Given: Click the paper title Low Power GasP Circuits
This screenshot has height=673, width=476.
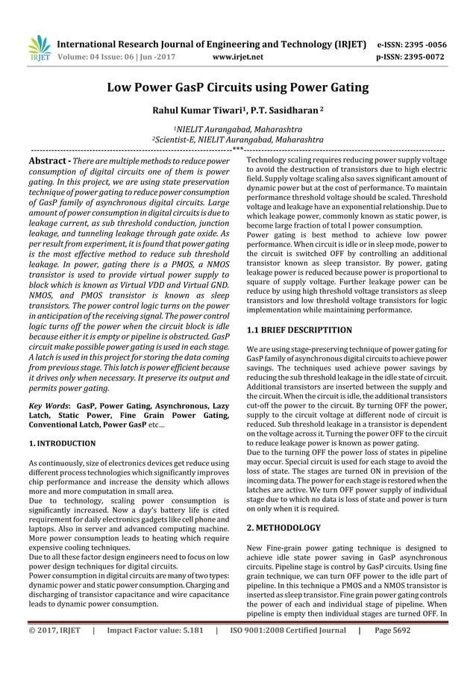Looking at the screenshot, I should click(x=238, y=88).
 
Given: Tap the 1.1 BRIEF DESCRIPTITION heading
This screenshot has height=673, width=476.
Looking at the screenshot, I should click(x=299, y=329).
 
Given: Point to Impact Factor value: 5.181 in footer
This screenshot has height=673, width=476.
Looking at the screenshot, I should click(x=153, y=650).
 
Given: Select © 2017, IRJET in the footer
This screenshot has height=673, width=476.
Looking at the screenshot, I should click(x=54, y=650).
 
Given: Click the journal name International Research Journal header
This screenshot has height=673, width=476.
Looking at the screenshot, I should click(x=212, y=44).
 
